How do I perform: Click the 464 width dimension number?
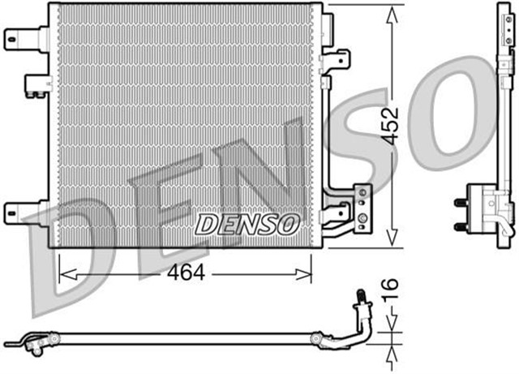pyautogui.click(x=185, y=274)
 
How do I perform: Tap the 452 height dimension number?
pyautogui.click(x=391, y=127)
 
